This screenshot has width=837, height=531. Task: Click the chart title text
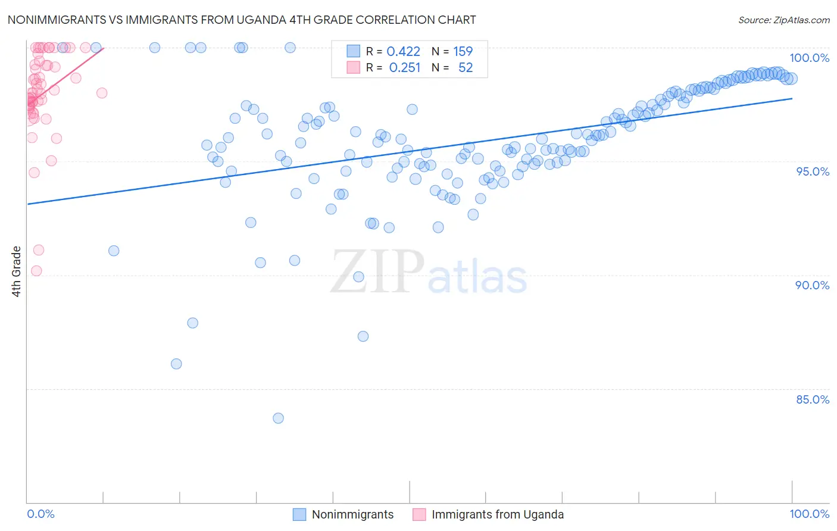click(x=242, y=20)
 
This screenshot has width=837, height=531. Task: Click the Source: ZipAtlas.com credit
click(x=783, y=20)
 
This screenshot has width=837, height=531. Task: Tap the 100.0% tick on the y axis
click(x=809, y=58)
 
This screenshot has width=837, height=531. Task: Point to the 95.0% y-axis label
click(x=812, y=171)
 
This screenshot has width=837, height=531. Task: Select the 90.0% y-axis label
click(x=812, y=285)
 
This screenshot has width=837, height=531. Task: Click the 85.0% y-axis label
click(x=812, y=399)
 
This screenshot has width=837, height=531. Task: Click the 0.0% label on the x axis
click(x=40, y=514)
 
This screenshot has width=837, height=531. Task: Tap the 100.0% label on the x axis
click(x=809, y=514)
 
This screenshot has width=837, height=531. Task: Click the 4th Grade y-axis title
click(x=17, y=271)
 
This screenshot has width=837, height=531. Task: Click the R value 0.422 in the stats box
click(x=403, y=52)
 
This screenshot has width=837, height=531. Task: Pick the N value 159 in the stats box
click(x=463, y=52)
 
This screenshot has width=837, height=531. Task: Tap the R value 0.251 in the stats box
click(x=404, y=68)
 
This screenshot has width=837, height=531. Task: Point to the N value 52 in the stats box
click(x=465, y=68)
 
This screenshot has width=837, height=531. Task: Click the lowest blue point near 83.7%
click(x=278, y=418)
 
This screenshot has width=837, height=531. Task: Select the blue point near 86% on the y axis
click(x=176, y=364)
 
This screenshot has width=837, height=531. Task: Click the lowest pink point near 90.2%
click(x=36, y=271)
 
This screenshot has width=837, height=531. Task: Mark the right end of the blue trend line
click(x=792, y=98)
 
